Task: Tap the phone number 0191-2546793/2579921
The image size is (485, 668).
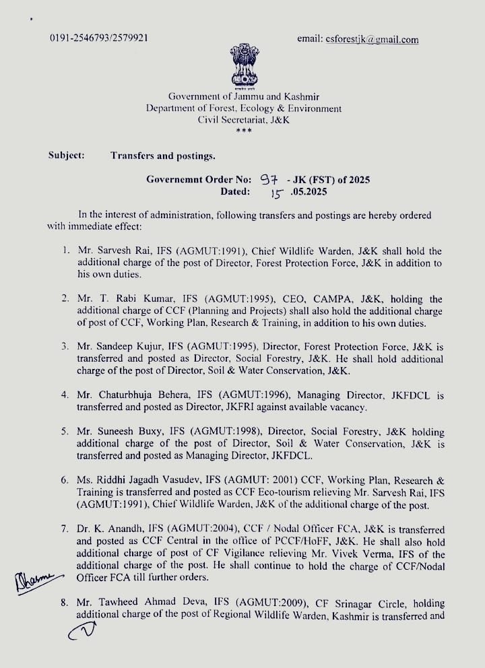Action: [99, 38]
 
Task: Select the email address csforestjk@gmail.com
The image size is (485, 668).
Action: [358, 40]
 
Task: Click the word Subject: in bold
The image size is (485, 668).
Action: [66, 156]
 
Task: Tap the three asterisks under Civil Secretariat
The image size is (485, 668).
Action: [243, 131]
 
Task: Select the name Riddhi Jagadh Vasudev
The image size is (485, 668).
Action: [143, 480]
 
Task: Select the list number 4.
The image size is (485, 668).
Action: [65, 395]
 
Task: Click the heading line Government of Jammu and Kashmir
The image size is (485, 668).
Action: [244, 97]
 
